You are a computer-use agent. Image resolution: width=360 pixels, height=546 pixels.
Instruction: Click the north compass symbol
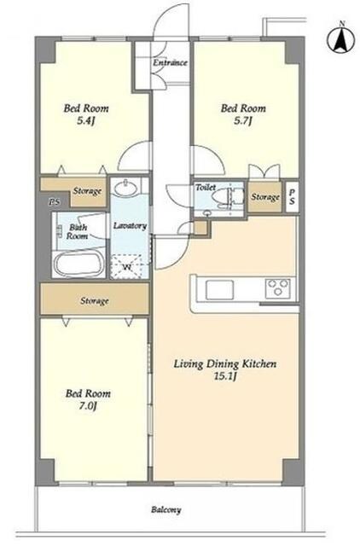[x=340, y=39]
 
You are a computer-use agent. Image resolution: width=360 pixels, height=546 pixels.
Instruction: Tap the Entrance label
[x=171, y=62]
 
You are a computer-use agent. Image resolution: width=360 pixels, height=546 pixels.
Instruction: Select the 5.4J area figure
[x=86, y=121]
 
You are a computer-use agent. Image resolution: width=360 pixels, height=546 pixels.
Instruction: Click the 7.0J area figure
[x=87, y=406]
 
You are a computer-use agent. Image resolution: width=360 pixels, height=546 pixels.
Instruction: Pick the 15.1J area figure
[x=225, y=376]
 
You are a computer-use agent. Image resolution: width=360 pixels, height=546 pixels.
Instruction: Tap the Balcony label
[x=166, y=510]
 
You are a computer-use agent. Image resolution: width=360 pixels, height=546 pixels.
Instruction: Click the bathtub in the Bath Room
[x=78, y=264]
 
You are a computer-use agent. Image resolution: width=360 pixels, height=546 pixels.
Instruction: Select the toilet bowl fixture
[x=231, y=197]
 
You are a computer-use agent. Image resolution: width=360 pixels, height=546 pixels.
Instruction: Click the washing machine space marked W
[x=127, y=267]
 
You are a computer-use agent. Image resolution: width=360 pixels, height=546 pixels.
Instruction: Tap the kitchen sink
[x=219, y=289]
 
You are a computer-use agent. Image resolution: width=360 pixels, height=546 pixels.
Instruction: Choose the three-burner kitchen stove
[x=277, y=288]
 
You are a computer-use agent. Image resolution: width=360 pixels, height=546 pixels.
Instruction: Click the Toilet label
[x=206, y=187]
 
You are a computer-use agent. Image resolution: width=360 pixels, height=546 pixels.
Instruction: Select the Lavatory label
[x=130, y=225]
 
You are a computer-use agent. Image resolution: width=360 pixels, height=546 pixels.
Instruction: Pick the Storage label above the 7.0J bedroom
[x=95, y=300]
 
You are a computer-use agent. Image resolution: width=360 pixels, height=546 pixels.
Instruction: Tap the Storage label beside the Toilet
[x=265, y=197]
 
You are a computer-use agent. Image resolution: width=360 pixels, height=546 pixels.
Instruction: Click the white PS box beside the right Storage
[x=292, y=197]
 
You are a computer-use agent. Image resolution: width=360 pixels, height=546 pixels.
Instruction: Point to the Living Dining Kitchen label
[x=225, y=364]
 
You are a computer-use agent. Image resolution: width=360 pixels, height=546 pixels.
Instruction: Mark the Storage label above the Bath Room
[x=87, y=191]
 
